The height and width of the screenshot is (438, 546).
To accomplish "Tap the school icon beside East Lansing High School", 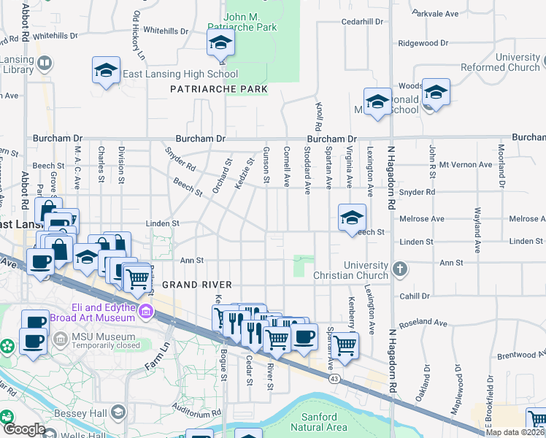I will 107,72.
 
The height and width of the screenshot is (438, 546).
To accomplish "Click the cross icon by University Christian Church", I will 399,269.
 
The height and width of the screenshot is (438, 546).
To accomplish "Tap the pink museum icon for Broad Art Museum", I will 146,312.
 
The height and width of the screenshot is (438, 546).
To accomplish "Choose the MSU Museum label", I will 85,335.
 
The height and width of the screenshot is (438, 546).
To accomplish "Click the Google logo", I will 24,429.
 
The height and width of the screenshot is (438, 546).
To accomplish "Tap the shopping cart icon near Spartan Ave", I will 345,345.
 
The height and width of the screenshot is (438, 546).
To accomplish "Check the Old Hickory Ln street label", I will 137,34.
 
